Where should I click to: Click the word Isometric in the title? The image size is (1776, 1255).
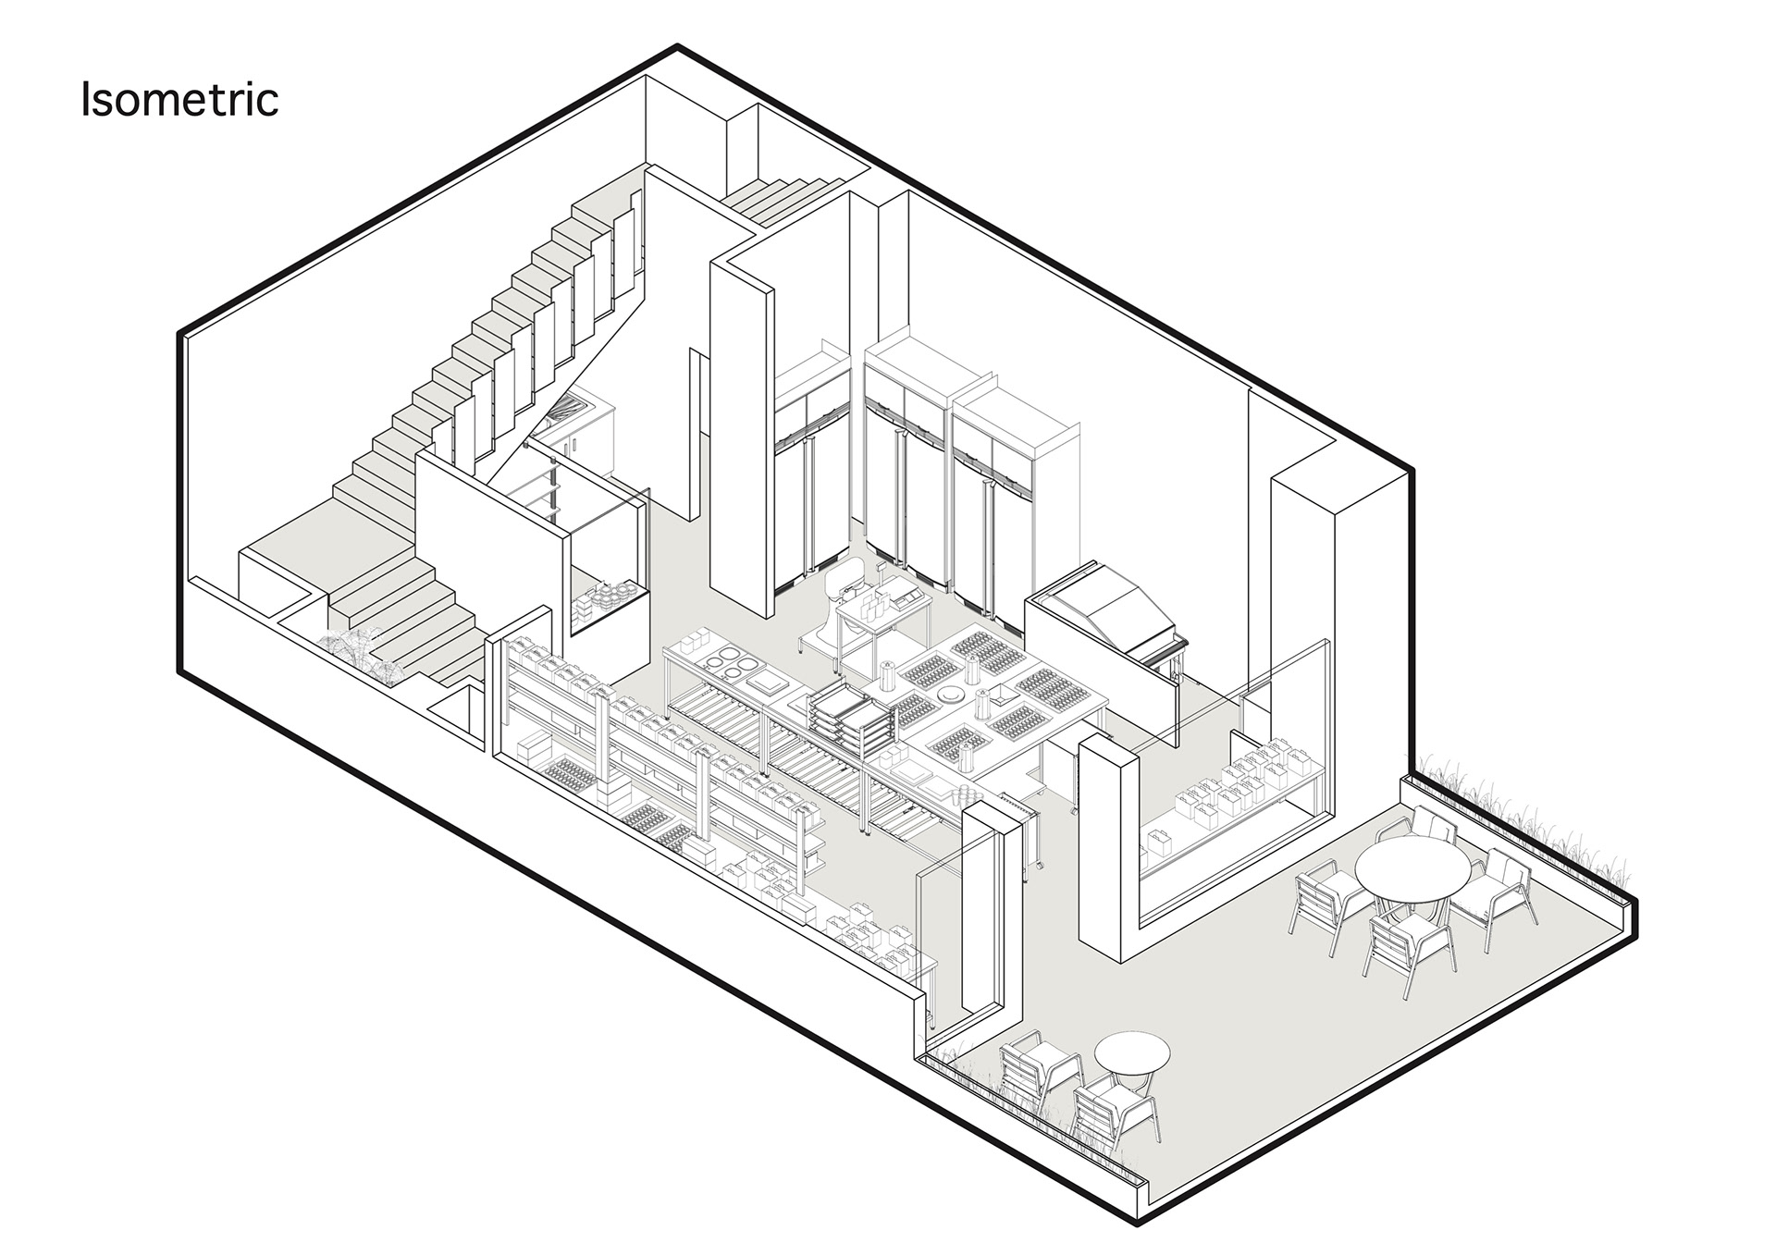[179, 99]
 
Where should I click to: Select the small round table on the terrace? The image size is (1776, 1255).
[1132, 1053]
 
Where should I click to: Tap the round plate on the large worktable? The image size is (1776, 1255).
[949, 695]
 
